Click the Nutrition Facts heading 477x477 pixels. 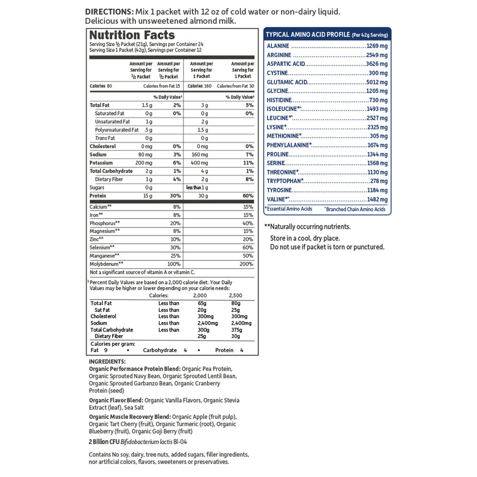pyautogui.click(x=132, y=35)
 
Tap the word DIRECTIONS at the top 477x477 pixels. pyautogui.click(x=108, y=11)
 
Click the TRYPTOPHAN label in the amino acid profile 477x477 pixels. pyautogui.click(x=285, y=181)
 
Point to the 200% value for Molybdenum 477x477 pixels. pyautogui.click(x=247, y=264)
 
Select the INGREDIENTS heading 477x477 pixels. pyautogui.click(x=107, y=362)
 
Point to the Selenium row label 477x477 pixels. pyautogui.click(x=102, y=248)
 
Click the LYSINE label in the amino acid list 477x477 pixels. pyautogui.click(x=277, y=127)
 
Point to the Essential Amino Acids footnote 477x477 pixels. pyautogui.click(x=289, y=209)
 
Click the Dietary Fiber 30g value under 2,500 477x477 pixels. pyautogui.click(x=235, y=336)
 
